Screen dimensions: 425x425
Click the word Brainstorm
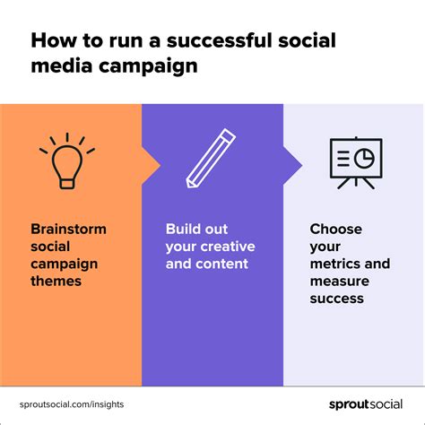(68, 229)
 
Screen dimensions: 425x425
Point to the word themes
(56, 281)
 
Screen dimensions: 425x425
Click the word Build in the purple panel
(182, 229)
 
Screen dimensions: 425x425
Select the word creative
(228, 247)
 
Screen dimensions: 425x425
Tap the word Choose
(335, 229)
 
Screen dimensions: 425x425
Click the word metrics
(337, 264)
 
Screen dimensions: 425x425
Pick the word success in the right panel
(337, 299)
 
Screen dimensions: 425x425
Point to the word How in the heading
(53, 41)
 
